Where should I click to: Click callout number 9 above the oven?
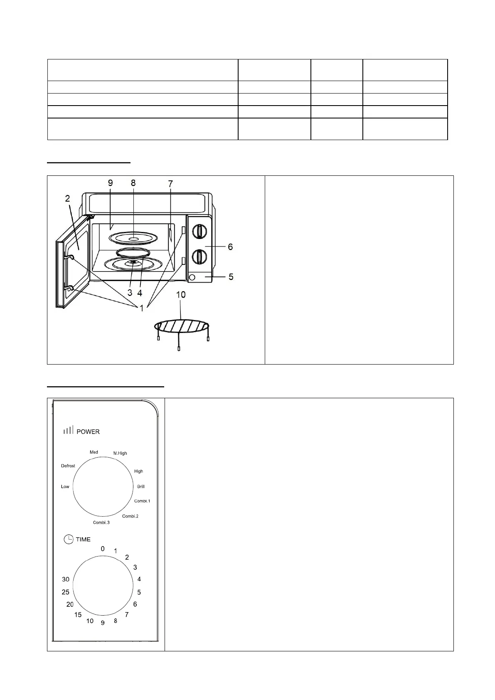pyautogui.click(x=110, y=182)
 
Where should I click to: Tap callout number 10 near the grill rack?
pyautogui.click(x=181, y=295)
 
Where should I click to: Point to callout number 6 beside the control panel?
pyautogui.click(x=230, y=247)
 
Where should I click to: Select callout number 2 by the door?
pyautogui.click(x=67, y=199)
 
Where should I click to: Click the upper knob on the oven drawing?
pyautogui.click(x=200, y=231)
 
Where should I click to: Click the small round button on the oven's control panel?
pyautogui.click(x=192, y=277)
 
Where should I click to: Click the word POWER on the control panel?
pyautogui.click(x=88, y=431)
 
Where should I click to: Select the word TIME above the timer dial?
pyautogui.click(x=83, y=539)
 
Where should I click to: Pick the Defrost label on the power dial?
pyautogui.click(x=68, y=466)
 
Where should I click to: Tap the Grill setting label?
pyautogui.click(x=141, y=486)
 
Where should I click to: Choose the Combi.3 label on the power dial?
pyautogui.click(x=101, y=523)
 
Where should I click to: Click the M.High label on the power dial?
pyautogui.click(x=120, y=453)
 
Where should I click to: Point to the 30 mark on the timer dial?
pyautogui.click(x=66, y=579)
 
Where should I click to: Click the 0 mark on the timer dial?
pyautogui.click(x=103, y=549)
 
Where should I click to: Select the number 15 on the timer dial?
pyautogui.click(x=78, y=615)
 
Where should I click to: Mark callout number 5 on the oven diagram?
pyautogui.click(x=231, y=276)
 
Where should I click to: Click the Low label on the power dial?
pyautogui.click(x=65, y=486)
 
